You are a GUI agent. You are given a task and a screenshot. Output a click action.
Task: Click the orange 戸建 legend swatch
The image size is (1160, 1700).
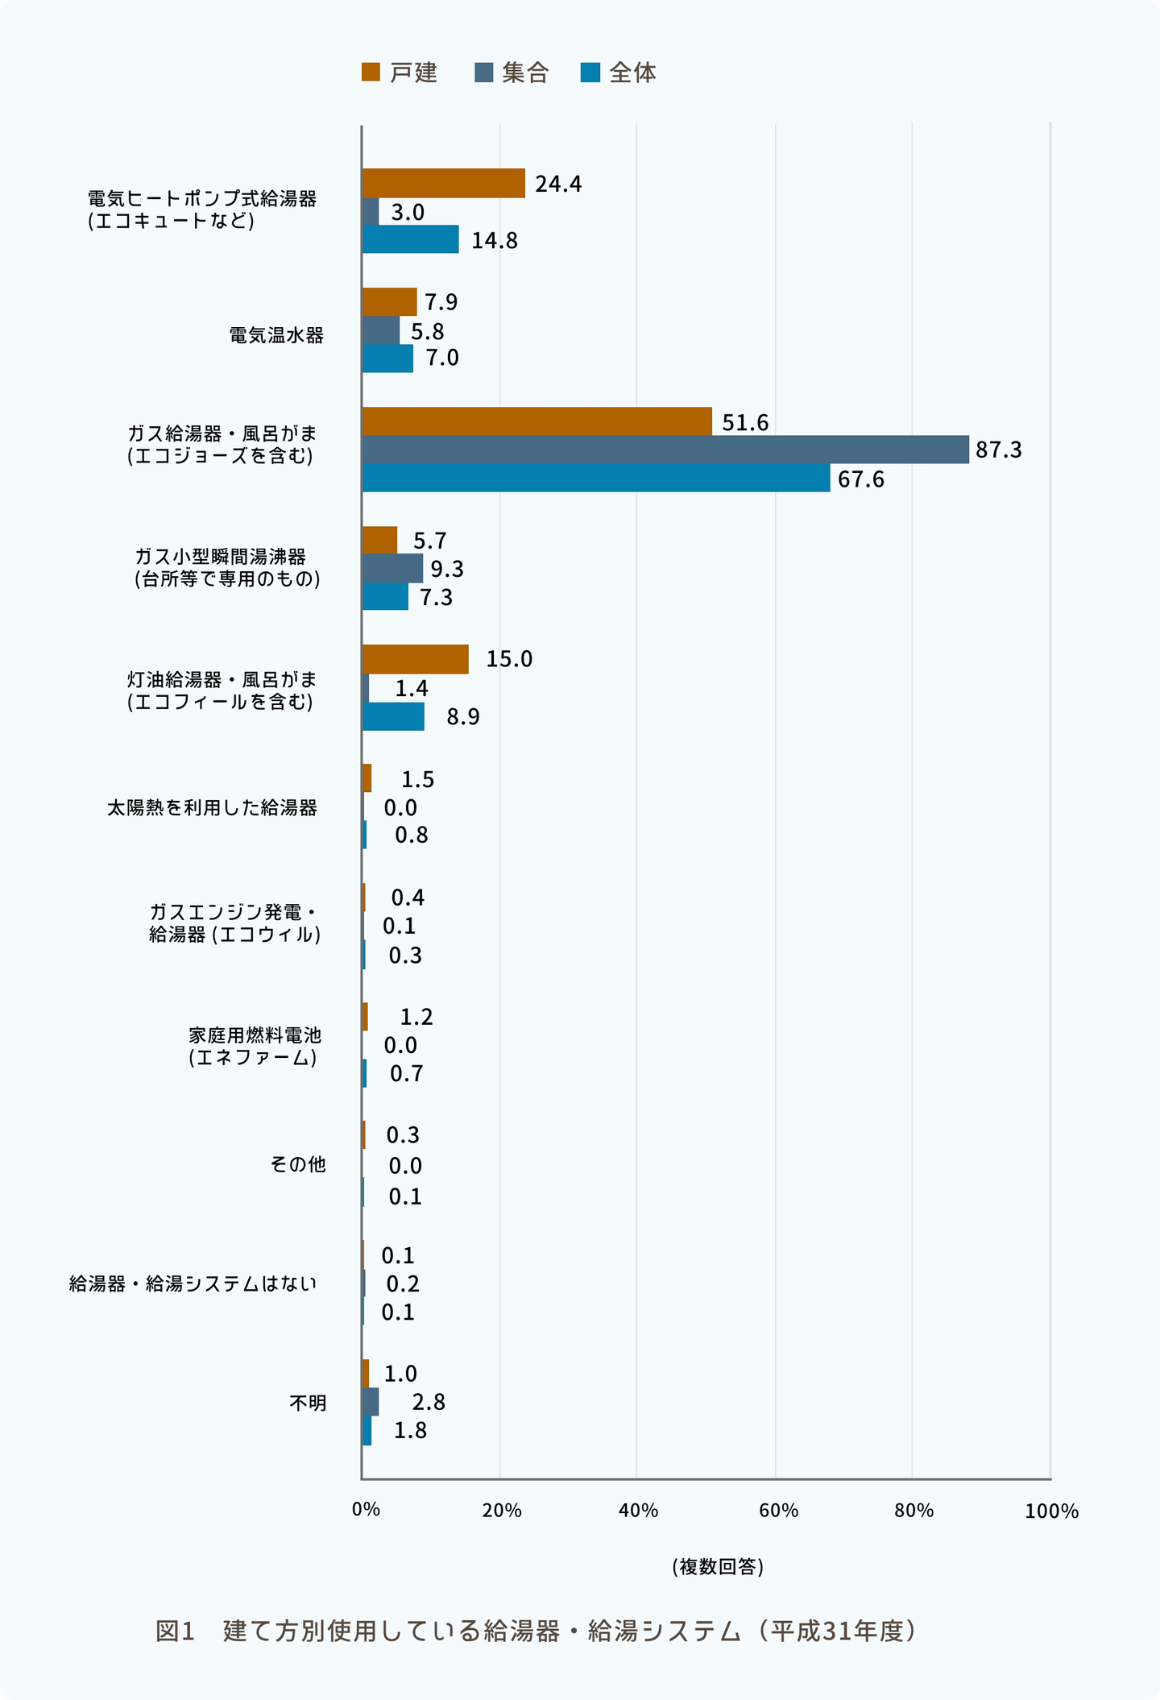pyautogui.click(x=371, y=73)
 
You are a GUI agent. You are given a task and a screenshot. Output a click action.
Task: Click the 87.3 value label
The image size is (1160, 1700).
pyautogui.click(x=998, y=450)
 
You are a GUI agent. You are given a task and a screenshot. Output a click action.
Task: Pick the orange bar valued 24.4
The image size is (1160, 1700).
pyautogui.click(x=443, y=183)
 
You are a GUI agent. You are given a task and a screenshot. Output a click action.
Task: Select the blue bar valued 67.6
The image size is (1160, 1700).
pyautogui.click(x=595, y=478)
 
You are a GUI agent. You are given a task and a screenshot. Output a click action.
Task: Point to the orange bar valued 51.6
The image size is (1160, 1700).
pyautogui.click(x=536, y=421)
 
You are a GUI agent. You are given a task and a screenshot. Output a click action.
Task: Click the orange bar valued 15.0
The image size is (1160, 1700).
pyautogui.click(x=415, y=659)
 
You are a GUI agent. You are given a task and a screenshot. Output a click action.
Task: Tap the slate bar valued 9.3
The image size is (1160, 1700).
pyautogui.click(x=392, y=568)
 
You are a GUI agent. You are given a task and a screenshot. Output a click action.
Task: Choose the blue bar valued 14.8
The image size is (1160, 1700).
pyautogui.click(x=410, y=239)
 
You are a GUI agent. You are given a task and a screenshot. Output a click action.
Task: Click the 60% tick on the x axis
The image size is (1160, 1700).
pyautogui.click(x=778, y=1511)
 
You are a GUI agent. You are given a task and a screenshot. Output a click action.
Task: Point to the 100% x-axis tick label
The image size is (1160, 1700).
pyautogui.click(x=1051, y=1511)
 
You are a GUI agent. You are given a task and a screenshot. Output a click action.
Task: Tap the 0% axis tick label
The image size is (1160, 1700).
pyautogui.click(x=366, y=1510)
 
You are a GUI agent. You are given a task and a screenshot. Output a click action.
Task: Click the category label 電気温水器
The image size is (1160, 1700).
pyautogui.click(x=276, y=335)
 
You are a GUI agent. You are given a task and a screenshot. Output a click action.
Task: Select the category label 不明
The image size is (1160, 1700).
pyautogui.click(x=308, y=1403)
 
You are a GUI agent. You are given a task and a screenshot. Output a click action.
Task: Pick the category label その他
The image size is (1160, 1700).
pyautogui.click(x=298, y=1164)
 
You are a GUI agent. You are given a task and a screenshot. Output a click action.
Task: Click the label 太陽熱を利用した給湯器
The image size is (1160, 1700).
pyautogui.click(x=212, y=807)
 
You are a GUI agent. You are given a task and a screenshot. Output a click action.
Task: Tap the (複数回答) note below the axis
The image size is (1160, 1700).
pyautogui.click(x=717, y=1583)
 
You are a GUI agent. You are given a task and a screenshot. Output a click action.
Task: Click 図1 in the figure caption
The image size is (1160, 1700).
pyautogui.click(x=176, y=1648)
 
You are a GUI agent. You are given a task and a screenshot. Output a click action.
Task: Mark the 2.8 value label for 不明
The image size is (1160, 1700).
pyautogui.click(x=428, y=1403)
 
